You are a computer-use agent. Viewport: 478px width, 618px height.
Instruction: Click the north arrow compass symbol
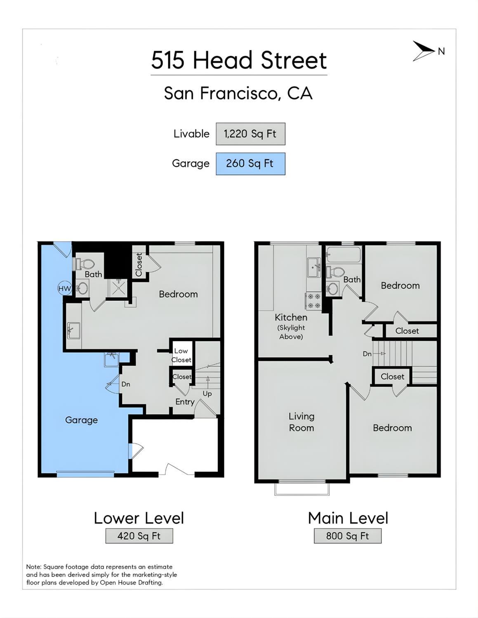coord(423,51)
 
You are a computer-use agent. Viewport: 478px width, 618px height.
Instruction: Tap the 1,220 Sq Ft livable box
coord(250,134)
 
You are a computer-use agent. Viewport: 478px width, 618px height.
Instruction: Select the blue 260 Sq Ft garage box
coord(250,164)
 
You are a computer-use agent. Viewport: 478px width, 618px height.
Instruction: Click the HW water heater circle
coord(64,288)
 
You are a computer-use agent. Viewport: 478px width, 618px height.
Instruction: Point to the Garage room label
coord(81,420)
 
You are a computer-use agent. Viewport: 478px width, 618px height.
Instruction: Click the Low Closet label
coord(181,355)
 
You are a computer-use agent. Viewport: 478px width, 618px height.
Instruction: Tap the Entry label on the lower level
coord(185,402)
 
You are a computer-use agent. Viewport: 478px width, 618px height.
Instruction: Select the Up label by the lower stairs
coord(207,394)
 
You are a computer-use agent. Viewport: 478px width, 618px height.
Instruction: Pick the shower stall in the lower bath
coord(118,288)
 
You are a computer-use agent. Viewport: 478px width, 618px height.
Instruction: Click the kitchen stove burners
coord(313,301)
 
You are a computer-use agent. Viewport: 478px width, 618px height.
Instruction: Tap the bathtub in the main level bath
coord(344,255)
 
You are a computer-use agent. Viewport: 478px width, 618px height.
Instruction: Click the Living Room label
coord(301,422)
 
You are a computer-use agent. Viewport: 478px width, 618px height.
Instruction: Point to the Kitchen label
coord(291,317)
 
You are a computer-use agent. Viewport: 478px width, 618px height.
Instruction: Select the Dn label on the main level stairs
coord(367,354)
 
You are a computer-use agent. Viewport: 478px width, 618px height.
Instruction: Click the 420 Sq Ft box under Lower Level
coord(139,536)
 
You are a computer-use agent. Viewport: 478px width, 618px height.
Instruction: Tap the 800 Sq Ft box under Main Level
coord(348,536)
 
